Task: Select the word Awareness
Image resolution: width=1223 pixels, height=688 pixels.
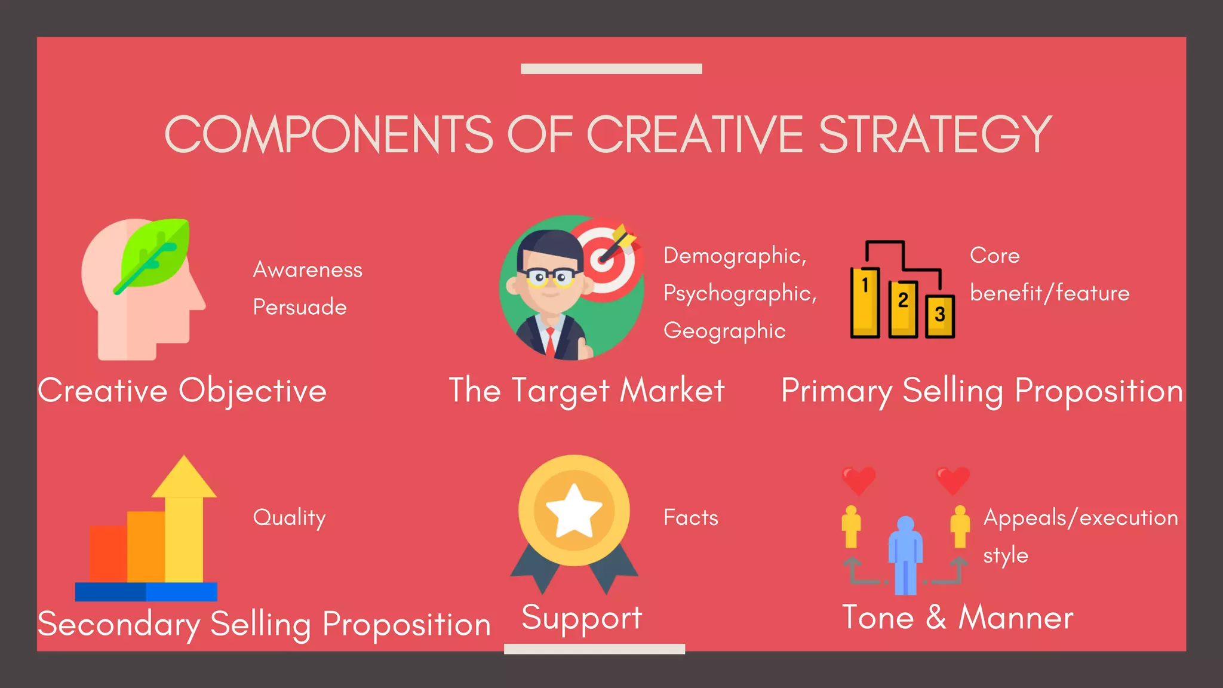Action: pyautogui.click(x=308, y=270)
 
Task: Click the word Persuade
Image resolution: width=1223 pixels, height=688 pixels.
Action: pyautogui.click(x=300, y=307)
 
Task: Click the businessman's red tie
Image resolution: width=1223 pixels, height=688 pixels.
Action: pyautogui.click(x=550, y=340)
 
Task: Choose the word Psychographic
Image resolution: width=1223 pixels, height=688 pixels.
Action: pyautogui.click(x=739, y=293)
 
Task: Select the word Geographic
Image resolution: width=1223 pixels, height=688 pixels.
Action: pyautogui.click(x=724, y=331)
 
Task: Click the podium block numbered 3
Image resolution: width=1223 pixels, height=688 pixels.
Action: pyautogui.click(x=940, y=316)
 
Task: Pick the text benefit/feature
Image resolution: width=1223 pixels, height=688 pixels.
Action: pyautogui.click(x=1049, y=293)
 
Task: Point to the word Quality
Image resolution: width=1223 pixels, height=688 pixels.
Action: pyautogui.click(x=290, y=518)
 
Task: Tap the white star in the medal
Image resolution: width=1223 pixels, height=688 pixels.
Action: pyautogui.click(x=574, y=511)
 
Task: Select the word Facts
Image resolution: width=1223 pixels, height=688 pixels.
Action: pyautogui.click(x=691, y=518)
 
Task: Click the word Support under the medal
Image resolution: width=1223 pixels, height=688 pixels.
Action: pyautogui.click(x=582, y=618)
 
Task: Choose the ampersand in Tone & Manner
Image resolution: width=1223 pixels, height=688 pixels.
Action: pyautogui.click(x=936, y=618)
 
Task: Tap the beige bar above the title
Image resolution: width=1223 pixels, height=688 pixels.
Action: pyautogui.click(x=611, y=69)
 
